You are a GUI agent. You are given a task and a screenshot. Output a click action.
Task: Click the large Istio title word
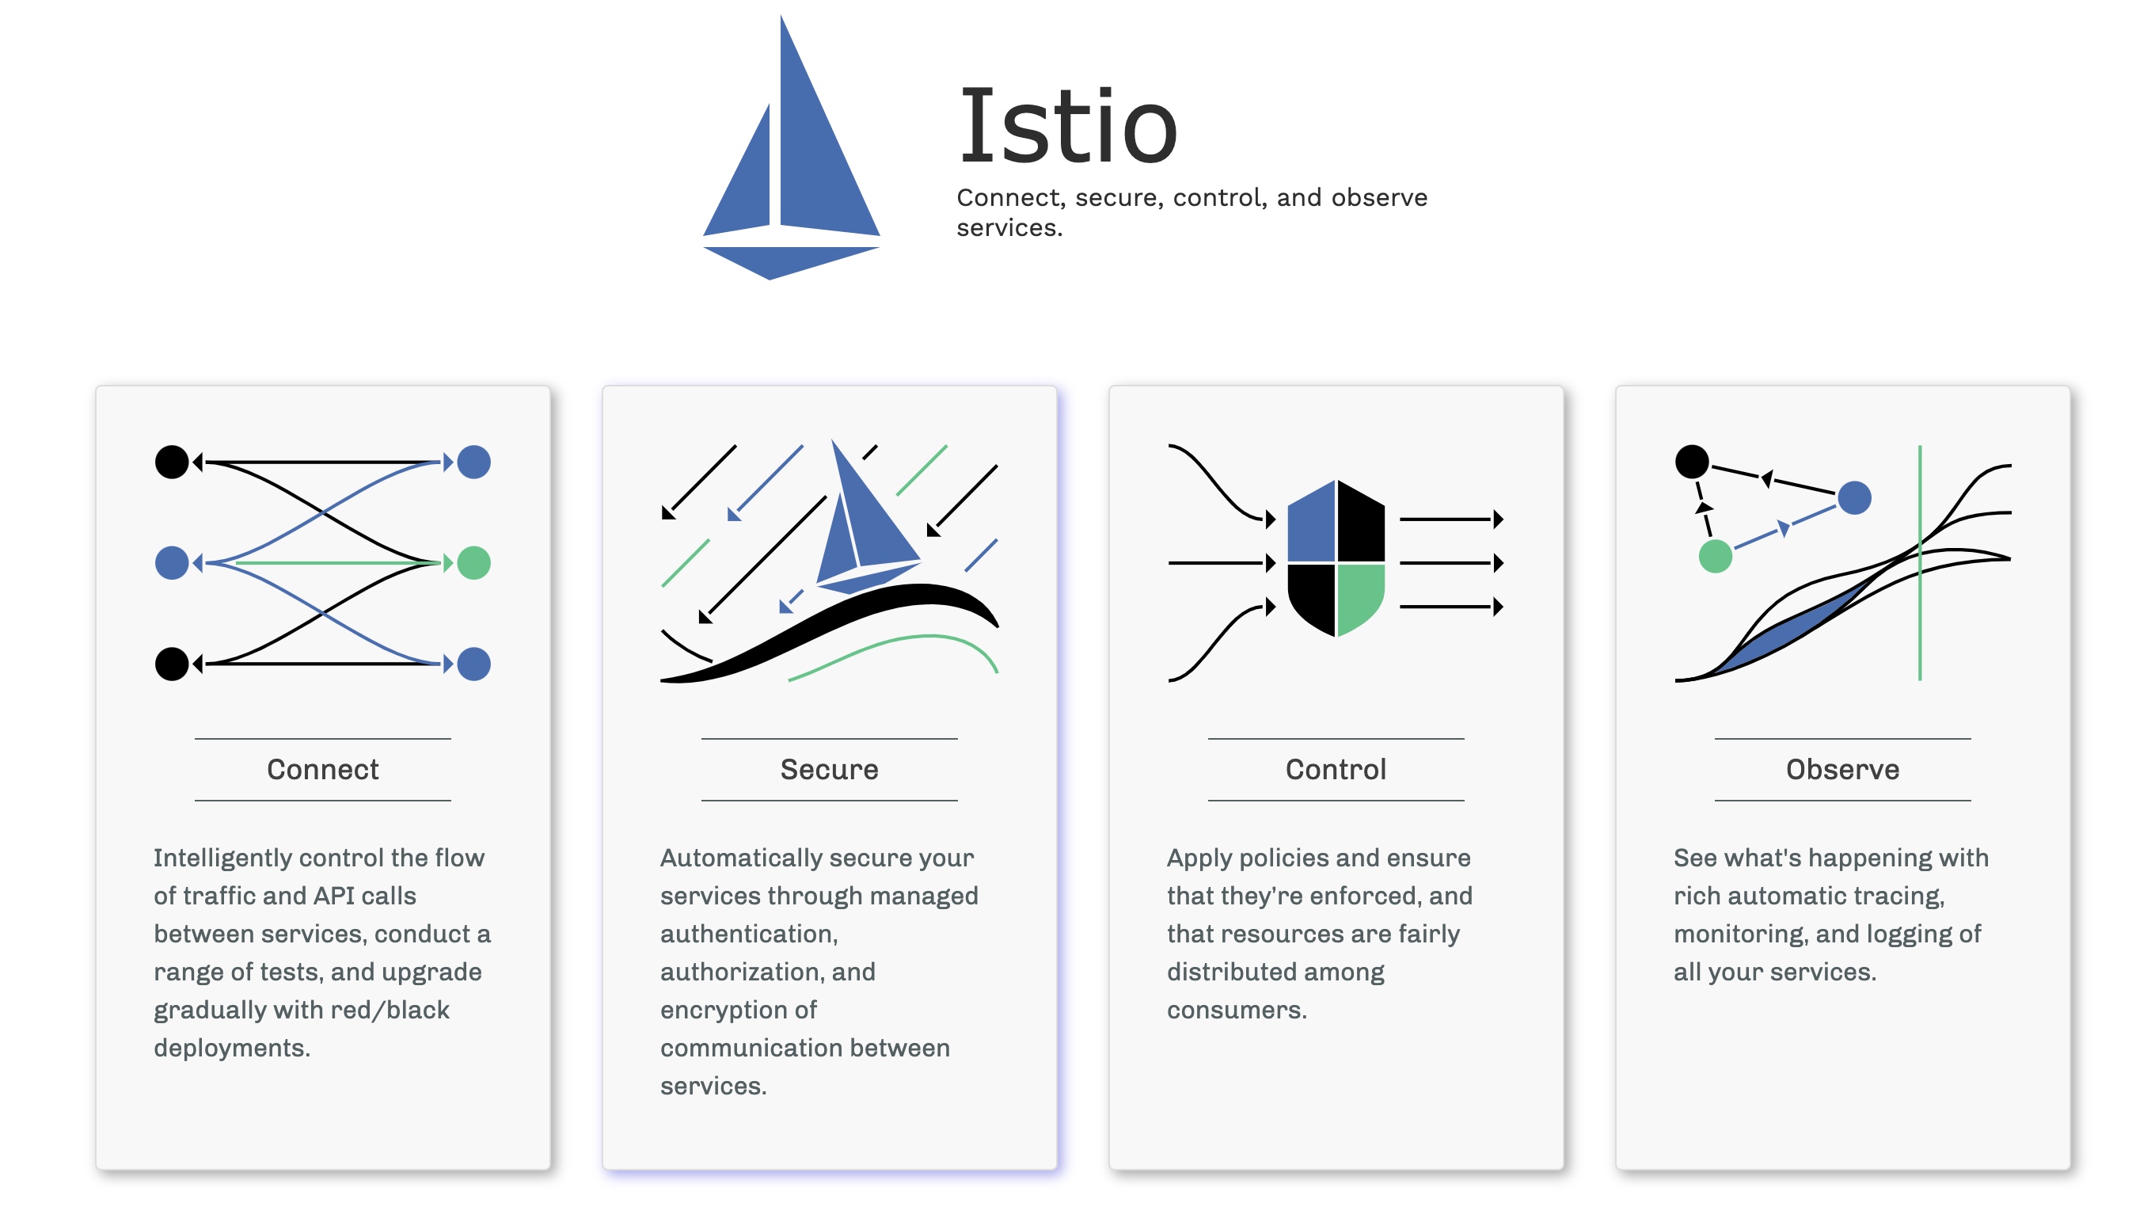coord(1067,128)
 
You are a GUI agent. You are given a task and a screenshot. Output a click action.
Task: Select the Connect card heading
coord(322,770)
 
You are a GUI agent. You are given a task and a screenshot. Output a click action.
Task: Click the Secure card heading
coord(829,770)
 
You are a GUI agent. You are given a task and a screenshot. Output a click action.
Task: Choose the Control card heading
coord(1335,770)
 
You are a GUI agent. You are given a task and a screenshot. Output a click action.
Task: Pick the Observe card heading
coord(1842,770)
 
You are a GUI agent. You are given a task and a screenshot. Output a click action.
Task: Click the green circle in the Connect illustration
coord(473,563)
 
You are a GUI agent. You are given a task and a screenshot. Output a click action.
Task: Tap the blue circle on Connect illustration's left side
coord(172,563)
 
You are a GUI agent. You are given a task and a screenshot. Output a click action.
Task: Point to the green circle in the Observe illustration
coord(1715,556)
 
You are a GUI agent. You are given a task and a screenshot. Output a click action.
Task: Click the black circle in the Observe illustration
coord(1692,462)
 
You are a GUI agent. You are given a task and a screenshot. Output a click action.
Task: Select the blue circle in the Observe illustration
coord(1854,499)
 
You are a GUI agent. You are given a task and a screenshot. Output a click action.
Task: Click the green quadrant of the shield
coord(1359,596)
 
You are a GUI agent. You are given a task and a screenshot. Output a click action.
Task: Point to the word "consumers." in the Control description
coord(1237,1011)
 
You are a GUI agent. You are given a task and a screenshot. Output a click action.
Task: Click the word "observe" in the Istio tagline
coord(1378,198)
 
